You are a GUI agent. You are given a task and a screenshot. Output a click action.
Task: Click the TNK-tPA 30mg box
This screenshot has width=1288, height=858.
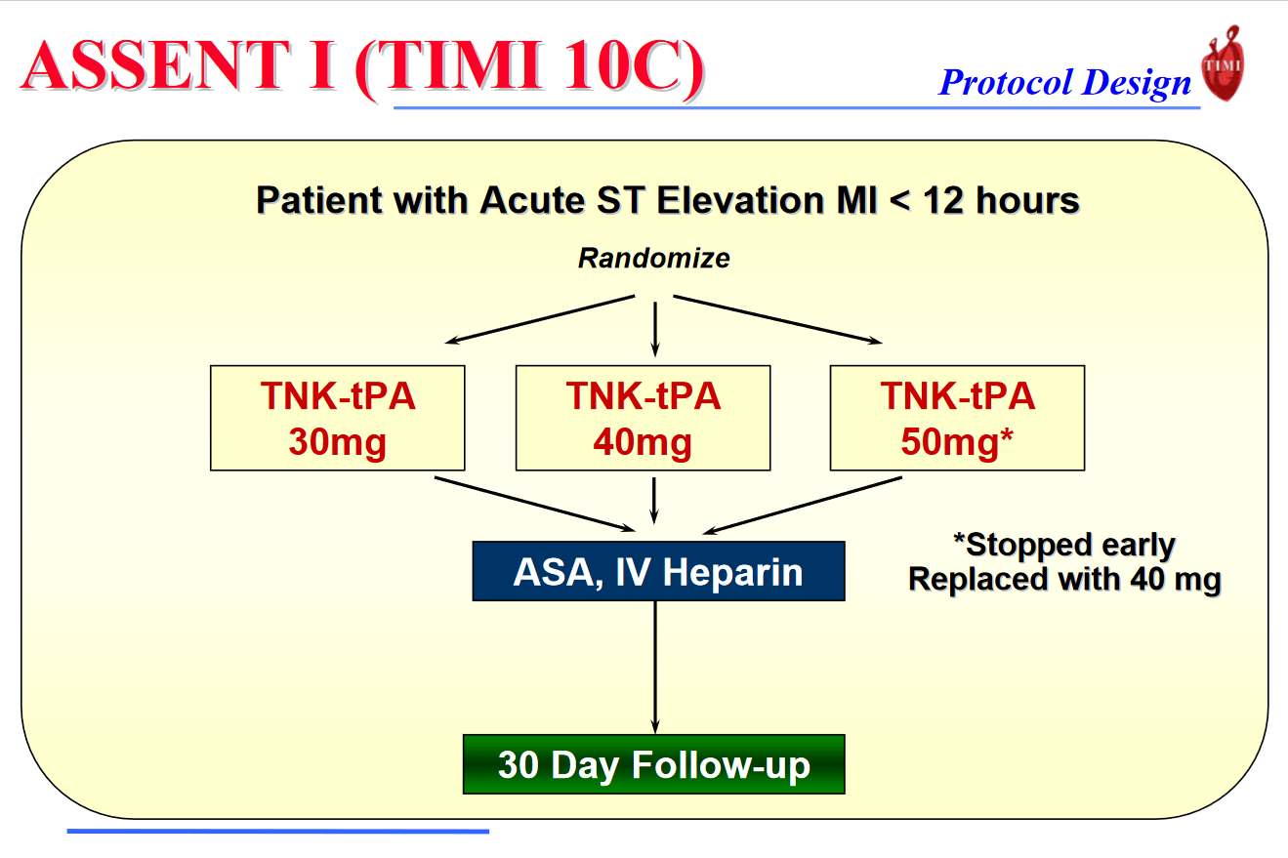[x=338, y=418]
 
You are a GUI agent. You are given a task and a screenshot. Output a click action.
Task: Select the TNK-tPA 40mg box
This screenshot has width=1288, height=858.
[x=643, y=418]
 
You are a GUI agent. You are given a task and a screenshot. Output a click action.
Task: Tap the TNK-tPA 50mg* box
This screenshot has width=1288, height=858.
[x=956, y=418]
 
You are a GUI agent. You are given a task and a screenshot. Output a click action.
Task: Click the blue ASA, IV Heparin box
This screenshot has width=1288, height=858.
[x=658, y=571]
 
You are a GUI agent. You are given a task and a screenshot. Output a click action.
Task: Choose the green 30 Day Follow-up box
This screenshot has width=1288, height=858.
[x=653, y=764]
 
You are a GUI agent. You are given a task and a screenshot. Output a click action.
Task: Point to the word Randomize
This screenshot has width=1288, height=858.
[x=653, y=259]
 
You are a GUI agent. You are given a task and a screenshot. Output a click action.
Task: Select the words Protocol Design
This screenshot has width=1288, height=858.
[x=1064, y=83]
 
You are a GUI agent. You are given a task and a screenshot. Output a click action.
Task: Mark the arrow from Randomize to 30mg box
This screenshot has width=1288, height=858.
[x=542, y=319]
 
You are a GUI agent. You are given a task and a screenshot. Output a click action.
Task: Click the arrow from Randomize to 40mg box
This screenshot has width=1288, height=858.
[x=654, y=327]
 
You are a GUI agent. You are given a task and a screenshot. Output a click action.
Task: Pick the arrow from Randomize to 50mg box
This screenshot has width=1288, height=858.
[x=776, y=319]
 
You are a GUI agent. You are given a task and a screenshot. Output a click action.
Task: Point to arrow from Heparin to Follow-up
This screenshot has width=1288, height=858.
[x=654, y=667]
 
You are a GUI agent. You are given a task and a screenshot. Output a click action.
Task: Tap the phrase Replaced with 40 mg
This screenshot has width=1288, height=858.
[x=1063, y=580]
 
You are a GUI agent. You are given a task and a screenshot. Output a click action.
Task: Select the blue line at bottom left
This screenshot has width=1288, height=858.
[x=277, y=832]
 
